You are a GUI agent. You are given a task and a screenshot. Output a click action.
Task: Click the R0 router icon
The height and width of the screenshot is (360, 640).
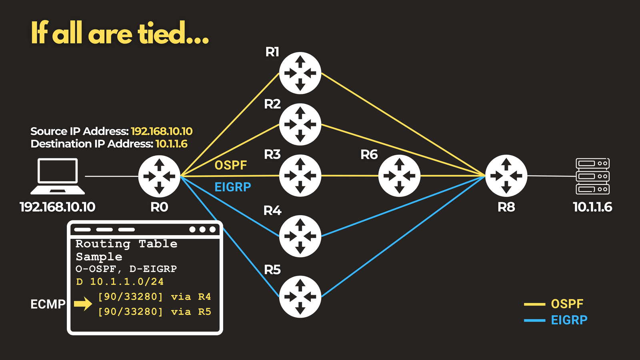(159, 176)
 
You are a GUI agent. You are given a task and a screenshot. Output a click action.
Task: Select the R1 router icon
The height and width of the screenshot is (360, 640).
(300, 73)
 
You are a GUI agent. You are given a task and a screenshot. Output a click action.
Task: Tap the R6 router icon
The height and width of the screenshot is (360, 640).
(399, 176)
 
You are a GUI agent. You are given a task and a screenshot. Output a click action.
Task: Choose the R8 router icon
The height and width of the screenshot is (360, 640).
(506, 176)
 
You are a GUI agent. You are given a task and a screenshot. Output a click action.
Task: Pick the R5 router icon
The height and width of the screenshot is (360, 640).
(300, 297)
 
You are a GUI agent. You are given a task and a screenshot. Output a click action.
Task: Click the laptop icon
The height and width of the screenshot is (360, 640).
(58, 176)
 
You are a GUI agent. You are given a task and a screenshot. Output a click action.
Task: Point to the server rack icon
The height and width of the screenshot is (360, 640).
(592, 176)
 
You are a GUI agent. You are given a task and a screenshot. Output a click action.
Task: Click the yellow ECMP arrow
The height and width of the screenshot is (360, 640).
(83, 304)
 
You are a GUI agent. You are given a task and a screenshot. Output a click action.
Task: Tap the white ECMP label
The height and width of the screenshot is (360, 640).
(48, 304)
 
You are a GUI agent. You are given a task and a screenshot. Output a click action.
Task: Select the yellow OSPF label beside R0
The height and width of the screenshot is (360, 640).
(230, 166)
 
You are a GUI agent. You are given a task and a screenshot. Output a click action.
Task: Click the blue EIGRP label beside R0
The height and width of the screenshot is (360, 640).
(232, 187)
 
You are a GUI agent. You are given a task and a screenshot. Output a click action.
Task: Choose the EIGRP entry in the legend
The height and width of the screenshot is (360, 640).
(556, 320)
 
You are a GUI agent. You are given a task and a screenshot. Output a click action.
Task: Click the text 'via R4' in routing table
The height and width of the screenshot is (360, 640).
(191, 297)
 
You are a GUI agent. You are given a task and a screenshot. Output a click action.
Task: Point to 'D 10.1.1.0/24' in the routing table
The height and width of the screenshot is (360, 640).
(120, 282)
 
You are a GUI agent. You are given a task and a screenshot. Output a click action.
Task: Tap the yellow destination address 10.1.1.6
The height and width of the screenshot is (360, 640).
(172, 144)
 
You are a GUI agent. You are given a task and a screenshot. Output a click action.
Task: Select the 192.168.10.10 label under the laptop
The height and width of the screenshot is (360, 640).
(58, 207)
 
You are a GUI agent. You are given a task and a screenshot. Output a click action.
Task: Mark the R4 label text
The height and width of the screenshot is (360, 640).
(272, 210)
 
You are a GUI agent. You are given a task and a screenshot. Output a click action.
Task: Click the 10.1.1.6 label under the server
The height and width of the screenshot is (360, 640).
(592, 207)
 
